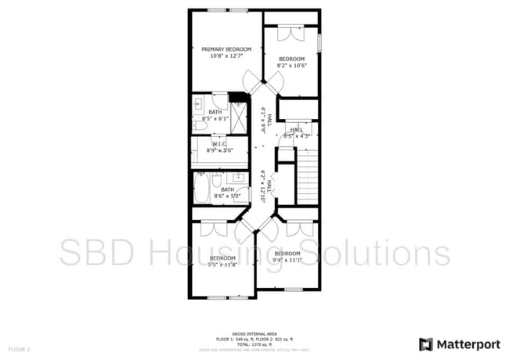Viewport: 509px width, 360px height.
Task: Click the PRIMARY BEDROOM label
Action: coord(226,49)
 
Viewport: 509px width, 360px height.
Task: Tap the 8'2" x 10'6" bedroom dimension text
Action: coord(291,66)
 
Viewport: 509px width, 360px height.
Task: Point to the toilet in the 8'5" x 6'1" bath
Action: coord(199,124)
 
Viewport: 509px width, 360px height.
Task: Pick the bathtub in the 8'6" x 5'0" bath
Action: coord(205,189)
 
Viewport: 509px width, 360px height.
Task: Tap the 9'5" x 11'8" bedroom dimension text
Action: coord(222,265)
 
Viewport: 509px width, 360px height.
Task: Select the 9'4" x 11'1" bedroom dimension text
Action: coord(287,260)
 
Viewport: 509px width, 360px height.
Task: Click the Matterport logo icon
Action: coord(425,344)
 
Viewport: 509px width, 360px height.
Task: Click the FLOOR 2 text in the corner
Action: coord(19,348)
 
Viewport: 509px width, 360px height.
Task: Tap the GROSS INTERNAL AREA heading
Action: coord(254,333)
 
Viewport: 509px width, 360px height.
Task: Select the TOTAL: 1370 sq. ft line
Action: coord(254,342)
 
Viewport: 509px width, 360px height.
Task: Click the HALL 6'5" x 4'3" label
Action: coord(298,133)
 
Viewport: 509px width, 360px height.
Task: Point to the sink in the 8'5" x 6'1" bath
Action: coord(197,102)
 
